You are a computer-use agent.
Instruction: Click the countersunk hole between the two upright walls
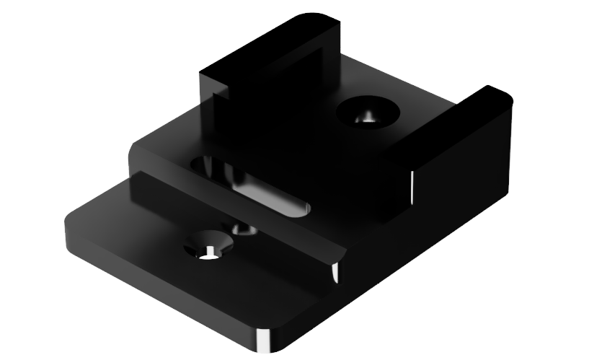click(368, 113)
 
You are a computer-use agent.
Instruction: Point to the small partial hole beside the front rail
click(244, 229)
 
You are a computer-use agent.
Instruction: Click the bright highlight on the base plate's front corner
click(262, 341)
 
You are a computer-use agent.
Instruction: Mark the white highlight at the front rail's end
click(335, 273)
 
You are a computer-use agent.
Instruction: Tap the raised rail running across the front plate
click(231, 213)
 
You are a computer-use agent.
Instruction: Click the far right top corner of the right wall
click(505, 94)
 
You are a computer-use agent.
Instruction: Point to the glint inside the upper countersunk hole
click(367, 118)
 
